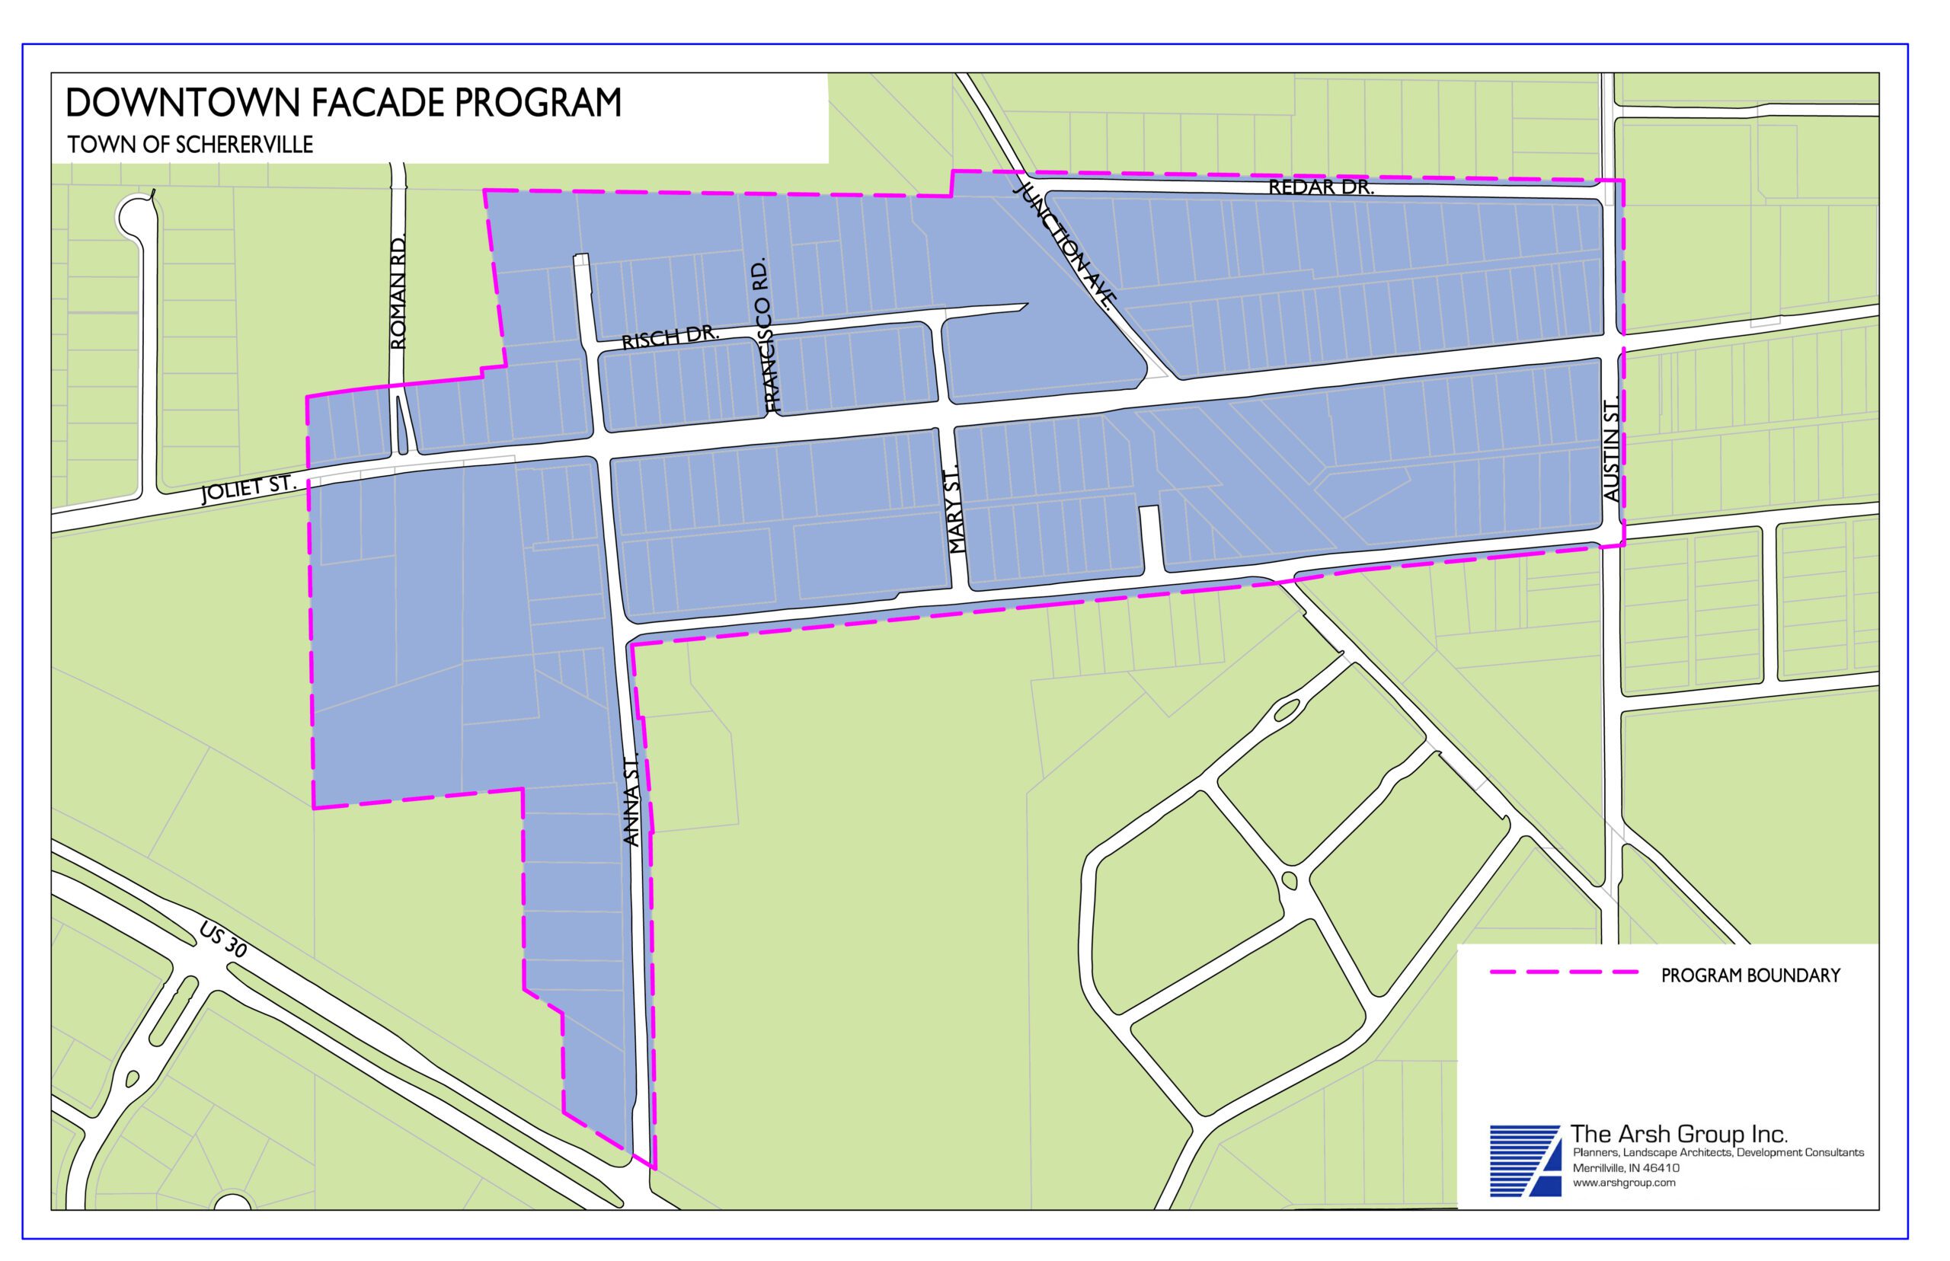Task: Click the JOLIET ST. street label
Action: coord(248,489)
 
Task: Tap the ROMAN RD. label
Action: coord(399,292)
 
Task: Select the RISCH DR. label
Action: coord(670,337)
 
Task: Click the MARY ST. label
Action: coord(957,512)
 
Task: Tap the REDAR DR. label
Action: coord(1319,187)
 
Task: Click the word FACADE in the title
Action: coord(381,104)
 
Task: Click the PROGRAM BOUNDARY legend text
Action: coord(1750,976)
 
